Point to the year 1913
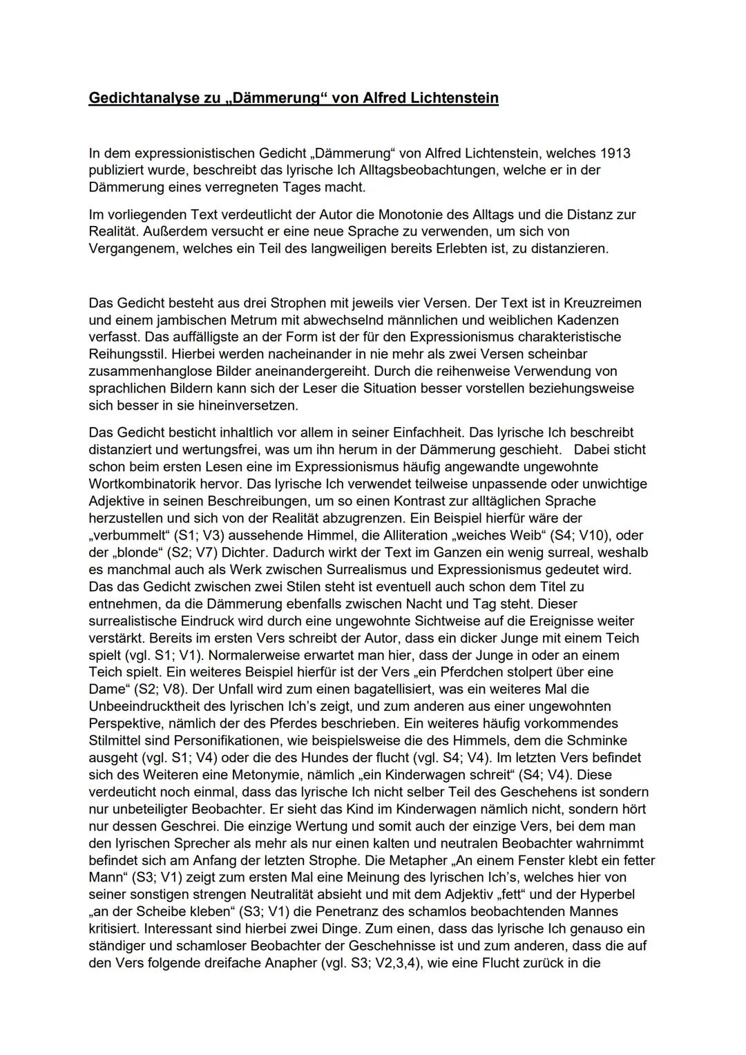tap(615, 153)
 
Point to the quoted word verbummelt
tap(128, 535)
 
